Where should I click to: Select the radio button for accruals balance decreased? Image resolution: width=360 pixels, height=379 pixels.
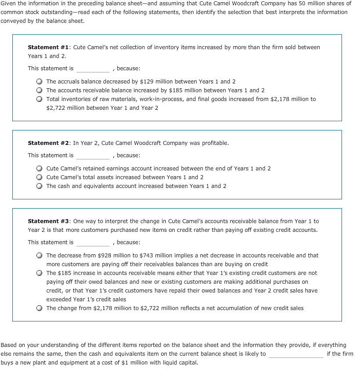click(x=40, y=82)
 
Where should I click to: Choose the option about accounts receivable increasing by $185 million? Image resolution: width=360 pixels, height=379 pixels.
click(x=40, y=90)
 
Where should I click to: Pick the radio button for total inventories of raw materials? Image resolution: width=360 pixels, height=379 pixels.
click(x=40, y=99)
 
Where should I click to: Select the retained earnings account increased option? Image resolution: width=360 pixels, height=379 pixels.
click(x=40, y=169)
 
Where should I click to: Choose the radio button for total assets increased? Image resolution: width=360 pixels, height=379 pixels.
click(x=40, y=177)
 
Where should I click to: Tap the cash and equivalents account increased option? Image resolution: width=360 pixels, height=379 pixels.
click(x=40, y=186)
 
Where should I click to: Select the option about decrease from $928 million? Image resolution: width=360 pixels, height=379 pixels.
click(x=40, y=256)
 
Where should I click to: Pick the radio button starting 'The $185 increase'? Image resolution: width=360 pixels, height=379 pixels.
click(x=40, y=273)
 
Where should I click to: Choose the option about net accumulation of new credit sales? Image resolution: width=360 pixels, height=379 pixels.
click(x=40, y=308)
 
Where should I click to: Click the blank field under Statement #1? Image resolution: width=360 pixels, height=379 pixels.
click(x=93, y=69)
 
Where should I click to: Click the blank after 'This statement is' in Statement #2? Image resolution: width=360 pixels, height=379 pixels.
click(x=93, y=156)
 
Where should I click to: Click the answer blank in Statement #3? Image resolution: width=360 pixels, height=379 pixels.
click(x=93, y=243)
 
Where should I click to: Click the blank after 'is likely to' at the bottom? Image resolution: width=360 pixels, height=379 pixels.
click(x=296, y=354)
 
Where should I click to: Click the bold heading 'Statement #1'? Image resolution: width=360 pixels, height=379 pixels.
click(x=49, y=47)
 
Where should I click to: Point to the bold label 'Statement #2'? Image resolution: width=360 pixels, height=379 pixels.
click(x=49, y=143)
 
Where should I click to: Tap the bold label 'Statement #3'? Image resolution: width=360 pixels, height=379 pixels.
click(x=49, y=221)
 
